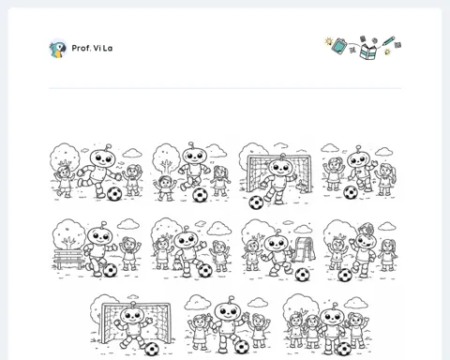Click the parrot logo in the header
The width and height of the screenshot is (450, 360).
(58, 49)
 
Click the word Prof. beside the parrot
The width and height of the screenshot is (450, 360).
(81, 48)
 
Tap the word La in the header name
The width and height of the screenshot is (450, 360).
(107, 48)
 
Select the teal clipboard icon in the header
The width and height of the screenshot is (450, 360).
(339, 46)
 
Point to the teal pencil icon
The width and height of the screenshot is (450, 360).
(388, 41)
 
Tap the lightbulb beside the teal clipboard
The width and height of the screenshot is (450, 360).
(328, 41)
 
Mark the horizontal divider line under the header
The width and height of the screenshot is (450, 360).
(225, 88)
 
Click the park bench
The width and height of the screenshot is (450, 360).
(69, 259)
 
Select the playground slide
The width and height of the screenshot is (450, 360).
(302, 249)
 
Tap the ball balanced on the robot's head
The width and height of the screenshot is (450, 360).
(367, 228)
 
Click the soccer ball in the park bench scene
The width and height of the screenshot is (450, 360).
(110, 270)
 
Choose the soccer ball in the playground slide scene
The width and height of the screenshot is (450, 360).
(302, 275)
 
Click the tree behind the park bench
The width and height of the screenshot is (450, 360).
(68, 233)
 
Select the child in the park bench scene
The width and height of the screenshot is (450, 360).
(129, 254)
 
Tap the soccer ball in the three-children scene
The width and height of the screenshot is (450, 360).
(344, 349)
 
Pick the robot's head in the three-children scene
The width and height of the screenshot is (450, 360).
(333, 317)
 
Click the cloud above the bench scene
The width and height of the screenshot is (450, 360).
(127, 224)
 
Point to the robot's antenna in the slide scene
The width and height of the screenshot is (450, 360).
(277, 232)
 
